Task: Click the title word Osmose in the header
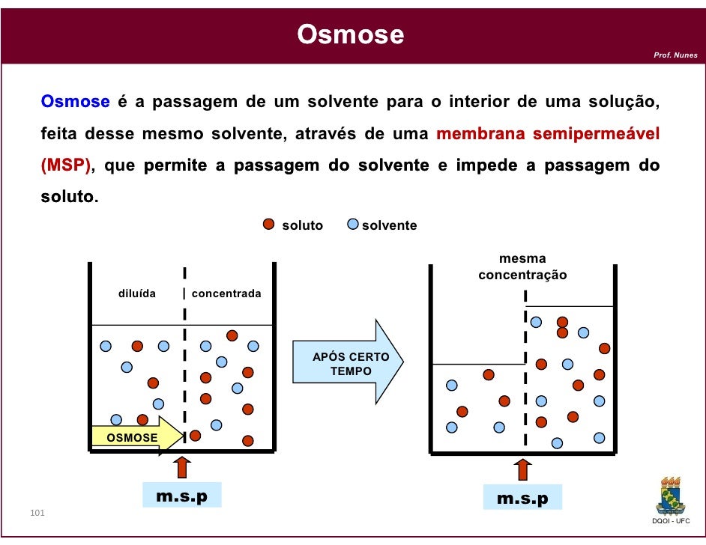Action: (x=350, y=34)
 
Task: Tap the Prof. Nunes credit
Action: (x=675, y=55)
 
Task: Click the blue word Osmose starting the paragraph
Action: (x=76, y=102)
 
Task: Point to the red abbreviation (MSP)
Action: (x=65, y=166)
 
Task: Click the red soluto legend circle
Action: (x=270, y=225)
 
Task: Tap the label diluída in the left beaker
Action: (x=137, y=293)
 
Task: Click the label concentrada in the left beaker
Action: (x=226, y=293)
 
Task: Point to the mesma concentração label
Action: (x=522, y=267)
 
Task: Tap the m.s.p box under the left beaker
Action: (x=181, y=496)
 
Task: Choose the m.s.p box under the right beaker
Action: (x=522, y=498)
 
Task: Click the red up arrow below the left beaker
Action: (x=181, y=467)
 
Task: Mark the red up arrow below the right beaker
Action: (x=523, y=469)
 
